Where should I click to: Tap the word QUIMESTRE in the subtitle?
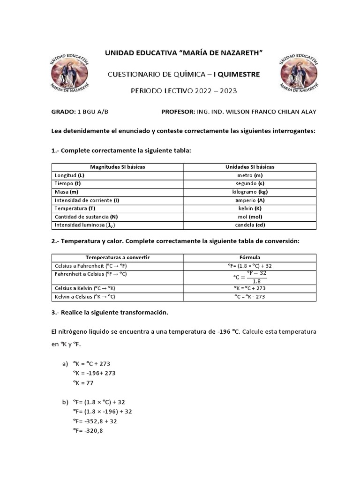coord(240,74)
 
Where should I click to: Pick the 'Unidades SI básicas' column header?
coord(250,167)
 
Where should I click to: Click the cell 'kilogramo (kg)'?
coord(250,192)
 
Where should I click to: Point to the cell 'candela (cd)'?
coord(250,225)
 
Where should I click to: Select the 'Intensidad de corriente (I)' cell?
coord(87,200)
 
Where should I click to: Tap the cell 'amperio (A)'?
coord(250,200)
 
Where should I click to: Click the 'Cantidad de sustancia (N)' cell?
coord(86,217)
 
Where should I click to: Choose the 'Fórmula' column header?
coord(250,257)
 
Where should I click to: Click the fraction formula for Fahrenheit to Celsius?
coord(250,277)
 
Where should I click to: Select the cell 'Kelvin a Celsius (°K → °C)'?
coord(85,297)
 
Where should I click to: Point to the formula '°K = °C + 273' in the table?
coord(250,288)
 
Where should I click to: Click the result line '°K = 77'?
coord(83,382)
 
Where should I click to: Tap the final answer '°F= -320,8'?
coord(88,430)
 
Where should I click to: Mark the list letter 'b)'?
coord(65,402)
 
